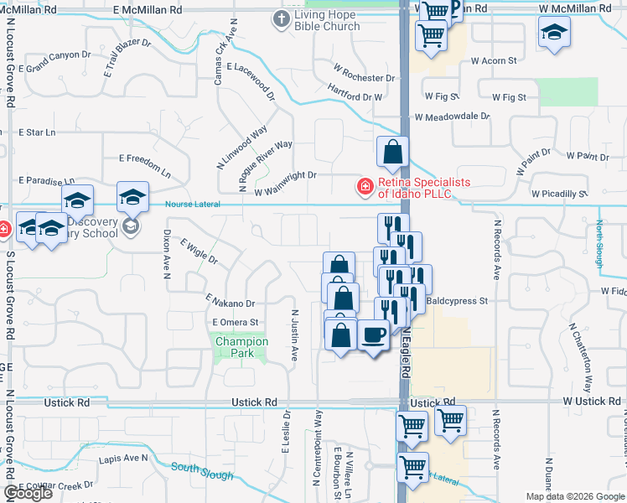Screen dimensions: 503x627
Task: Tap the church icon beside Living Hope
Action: click(x=282, y=18)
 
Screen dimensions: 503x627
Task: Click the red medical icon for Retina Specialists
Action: click(x=365, y=186)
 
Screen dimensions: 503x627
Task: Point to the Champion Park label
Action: click(x=241, y=347)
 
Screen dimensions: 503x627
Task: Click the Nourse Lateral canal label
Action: click(x=192, y=204)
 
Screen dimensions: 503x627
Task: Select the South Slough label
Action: click(x=201, y=470)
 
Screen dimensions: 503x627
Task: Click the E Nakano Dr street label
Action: click(x=230, y=303)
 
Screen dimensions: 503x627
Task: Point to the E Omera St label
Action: click(x=236, y=322)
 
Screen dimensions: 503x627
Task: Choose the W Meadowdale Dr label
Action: click(x=451, y=117)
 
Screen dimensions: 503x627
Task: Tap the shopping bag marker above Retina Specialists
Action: click(x=392, y=153)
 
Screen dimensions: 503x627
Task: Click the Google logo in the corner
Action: click(x=28, y=493)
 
